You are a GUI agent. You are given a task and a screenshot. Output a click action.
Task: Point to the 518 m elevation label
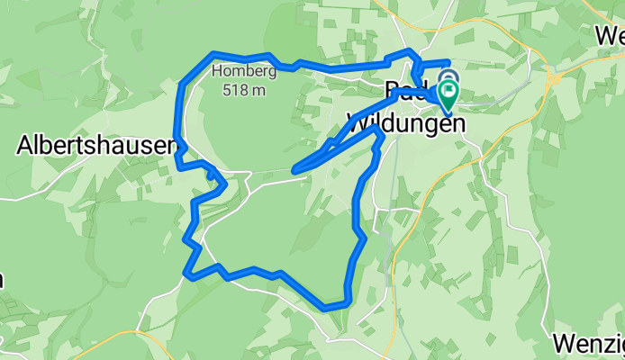pos(245,89)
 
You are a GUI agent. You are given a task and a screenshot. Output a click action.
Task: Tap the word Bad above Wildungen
pos(403,92)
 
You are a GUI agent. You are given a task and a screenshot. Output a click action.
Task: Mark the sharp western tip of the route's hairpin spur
pos(295,168)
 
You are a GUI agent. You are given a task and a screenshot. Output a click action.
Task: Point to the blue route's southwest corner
pos(186,273)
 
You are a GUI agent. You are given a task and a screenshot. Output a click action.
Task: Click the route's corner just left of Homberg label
pos(213,54)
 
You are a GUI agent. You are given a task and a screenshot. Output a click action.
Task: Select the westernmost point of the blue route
pos(176,141)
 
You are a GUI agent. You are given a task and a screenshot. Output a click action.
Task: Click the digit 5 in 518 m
pos(231,89)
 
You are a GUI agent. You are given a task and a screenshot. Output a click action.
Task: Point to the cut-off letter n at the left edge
pos(2,280)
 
